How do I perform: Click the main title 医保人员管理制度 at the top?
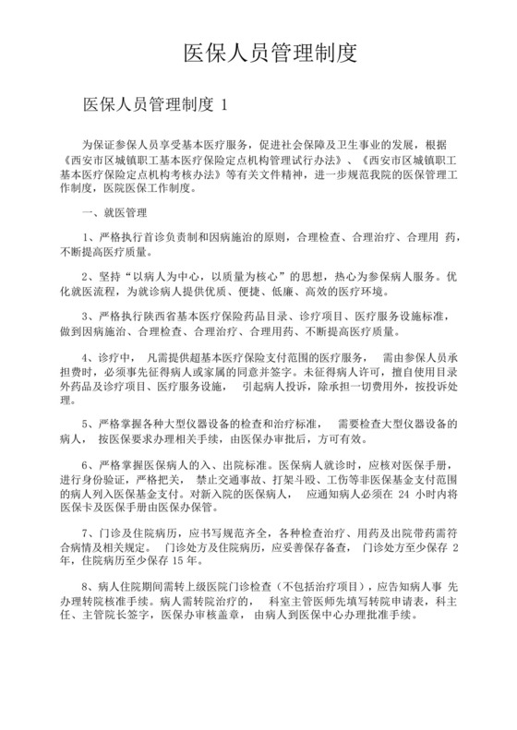[271, 50]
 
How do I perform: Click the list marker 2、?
[88, 275]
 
